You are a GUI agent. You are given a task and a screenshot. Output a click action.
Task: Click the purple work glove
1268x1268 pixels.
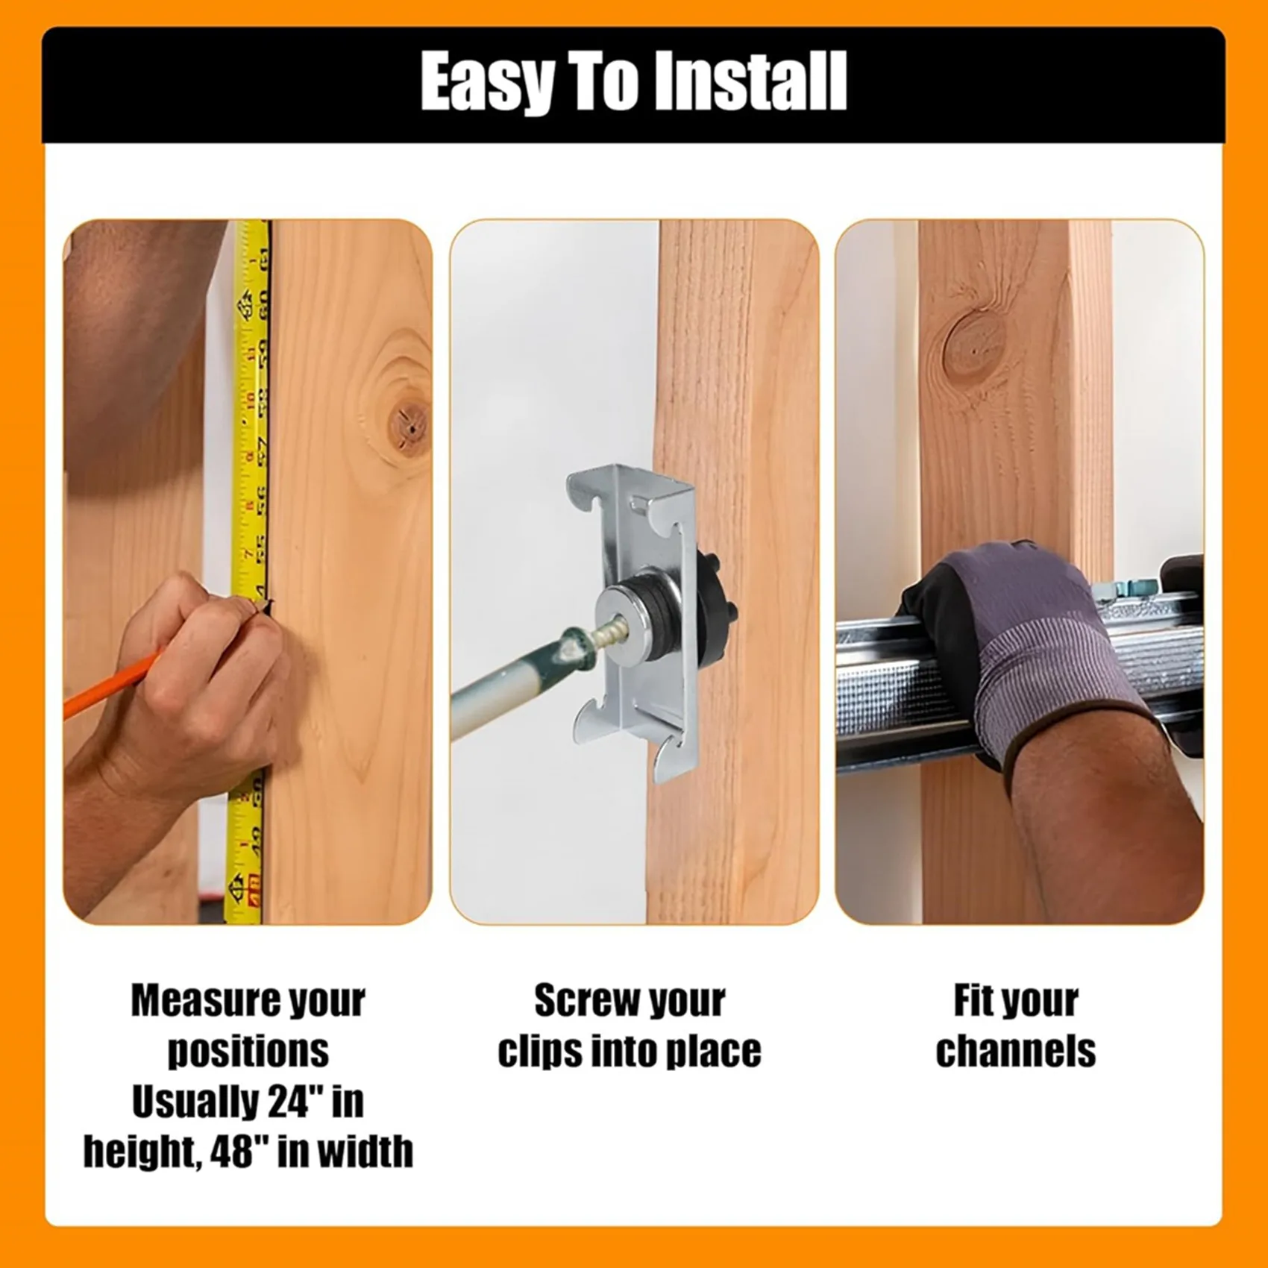tap(1037, 641)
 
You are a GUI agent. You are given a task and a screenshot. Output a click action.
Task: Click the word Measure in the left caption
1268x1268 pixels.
tap(195, 1001)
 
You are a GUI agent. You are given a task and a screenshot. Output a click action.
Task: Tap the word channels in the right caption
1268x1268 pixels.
tap(1016, 1052)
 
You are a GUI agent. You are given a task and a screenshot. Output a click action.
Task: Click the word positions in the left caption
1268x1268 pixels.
tap(248, 1052)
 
